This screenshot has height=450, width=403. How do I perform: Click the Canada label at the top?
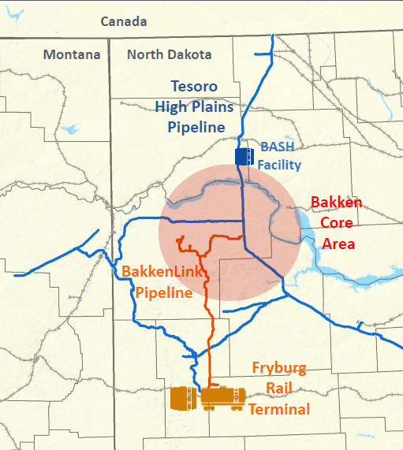[x=123, y=21]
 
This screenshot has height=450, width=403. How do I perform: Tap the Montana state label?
[x=72, y=54]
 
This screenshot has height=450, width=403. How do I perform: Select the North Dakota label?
[x=169, y=54]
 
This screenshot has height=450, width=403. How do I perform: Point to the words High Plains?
[x=196, y=106]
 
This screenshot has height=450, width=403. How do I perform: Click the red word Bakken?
[x=336, y=203]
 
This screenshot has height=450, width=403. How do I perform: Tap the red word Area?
[x=338, y=244]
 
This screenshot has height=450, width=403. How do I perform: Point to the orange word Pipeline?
[x=164, y=292]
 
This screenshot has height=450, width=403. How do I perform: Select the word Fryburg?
[x=280, y=368]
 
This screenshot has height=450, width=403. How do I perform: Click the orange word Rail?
[x=279, y=389]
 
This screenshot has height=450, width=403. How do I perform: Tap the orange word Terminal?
[x=279, y=409]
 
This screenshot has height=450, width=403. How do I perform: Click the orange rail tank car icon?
[x=222, y=399]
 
